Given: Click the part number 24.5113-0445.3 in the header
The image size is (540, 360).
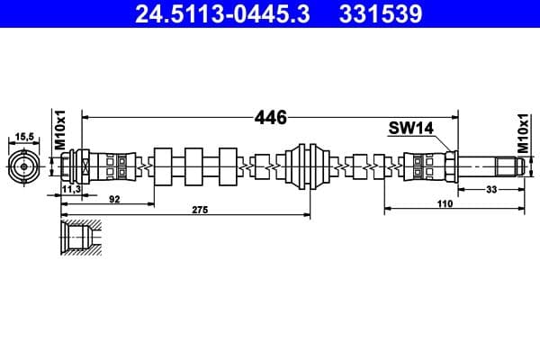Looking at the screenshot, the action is click(x=222, y=13).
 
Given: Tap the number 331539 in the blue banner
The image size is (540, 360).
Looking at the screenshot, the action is click(x=381, y=13).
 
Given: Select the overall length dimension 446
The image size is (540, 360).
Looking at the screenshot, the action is click(x=270, y=118).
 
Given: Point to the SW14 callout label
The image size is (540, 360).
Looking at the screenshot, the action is click(x=411, y=128).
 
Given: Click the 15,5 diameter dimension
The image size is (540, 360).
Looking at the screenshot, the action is click(x=24, y=137).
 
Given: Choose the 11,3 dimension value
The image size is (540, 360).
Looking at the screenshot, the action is click(x=71, y=189).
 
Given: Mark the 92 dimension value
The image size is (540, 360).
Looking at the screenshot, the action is click(x=114, y=199).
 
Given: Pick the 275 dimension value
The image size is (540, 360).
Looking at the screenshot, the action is click(x=200, y=210).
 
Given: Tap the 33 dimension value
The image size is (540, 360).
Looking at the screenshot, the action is click(x=491, y=189).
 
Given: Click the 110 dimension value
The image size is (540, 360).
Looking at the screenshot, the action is click(x=445, y=204).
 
